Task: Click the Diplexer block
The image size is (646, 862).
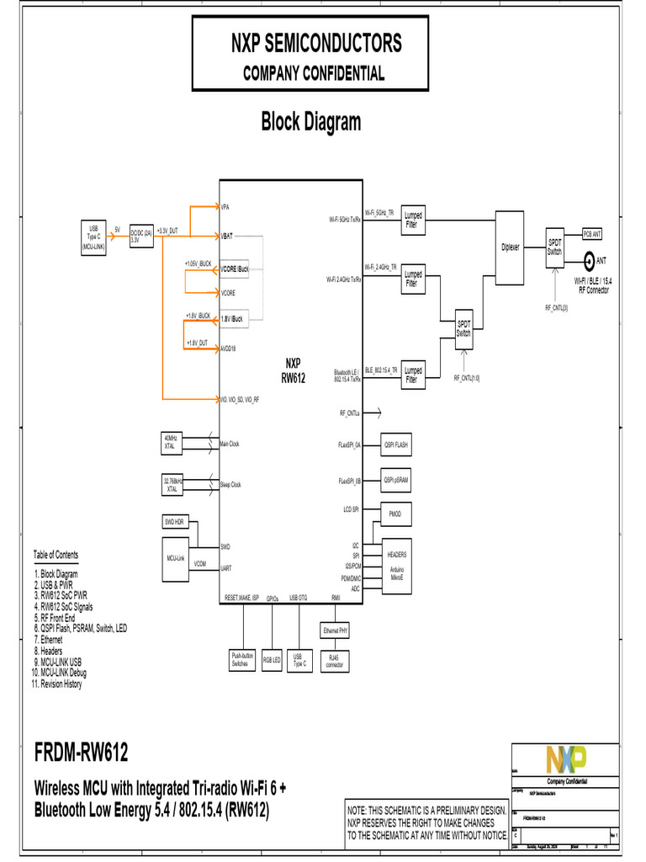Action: [x=510, y=247]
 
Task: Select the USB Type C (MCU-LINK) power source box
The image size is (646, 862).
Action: [x=93, y=238]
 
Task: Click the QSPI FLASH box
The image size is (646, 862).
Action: [x=396, y=444]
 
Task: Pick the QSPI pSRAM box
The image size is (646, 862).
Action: [x=396, y=480]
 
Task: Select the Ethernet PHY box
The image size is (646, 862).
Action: [x=336, y=630]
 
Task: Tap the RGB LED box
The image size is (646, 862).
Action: [x=272, y=661]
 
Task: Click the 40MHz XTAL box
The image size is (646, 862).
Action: [x=172, y=443]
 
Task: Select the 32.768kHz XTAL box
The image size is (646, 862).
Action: [x=172, y=484]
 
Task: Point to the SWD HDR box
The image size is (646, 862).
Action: [x=175, y=522]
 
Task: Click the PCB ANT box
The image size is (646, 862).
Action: [x=592, y=234]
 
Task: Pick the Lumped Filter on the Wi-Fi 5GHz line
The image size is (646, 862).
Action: [x=412, y=221]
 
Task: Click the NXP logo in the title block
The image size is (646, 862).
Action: [x=564, y=758]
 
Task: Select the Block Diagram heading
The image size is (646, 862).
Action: [x=310, y=122]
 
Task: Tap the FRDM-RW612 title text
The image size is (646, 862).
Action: [x=82, y=751]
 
